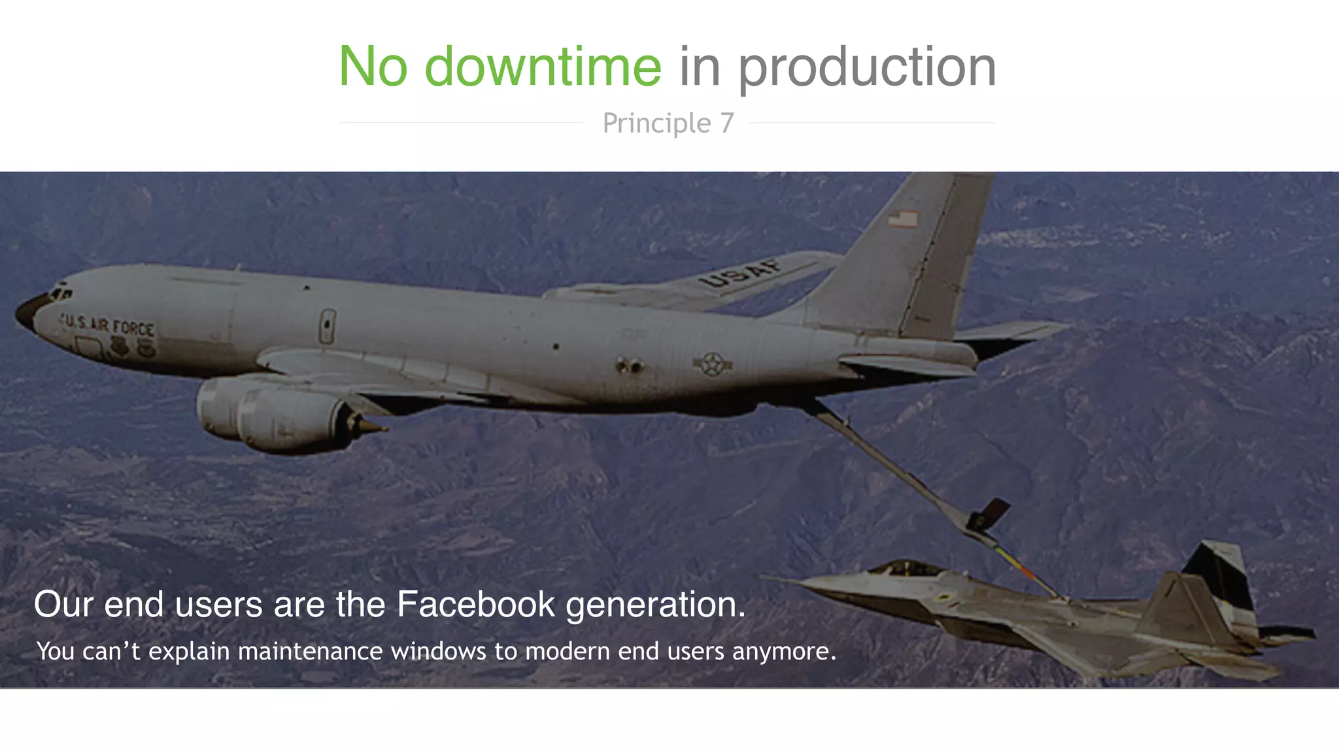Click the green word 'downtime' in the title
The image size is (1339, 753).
tap(543, 67)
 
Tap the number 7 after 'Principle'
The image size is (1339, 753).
tap(727, 123)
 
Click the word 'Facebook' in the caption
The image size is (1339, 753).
tap(475, 604)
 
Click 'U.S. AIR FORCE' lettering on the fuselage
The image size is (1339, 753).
tap(109, 325)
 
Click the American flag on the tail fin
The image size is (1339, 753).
tap(903, 219)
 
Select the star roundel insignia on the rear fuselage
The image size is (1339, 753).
tap(712, 364)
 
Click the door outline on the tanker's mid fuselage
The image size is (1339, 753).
tap(327, 327)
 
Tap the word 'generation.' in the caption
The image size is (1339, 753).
tap(655, 604)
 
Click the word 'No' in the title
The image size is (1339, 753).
tap(373, 67)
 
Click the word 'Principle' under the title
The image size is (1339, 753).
tap(656, 123)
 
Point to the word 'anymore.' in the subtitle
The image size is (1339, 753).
tap(784, 651)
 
